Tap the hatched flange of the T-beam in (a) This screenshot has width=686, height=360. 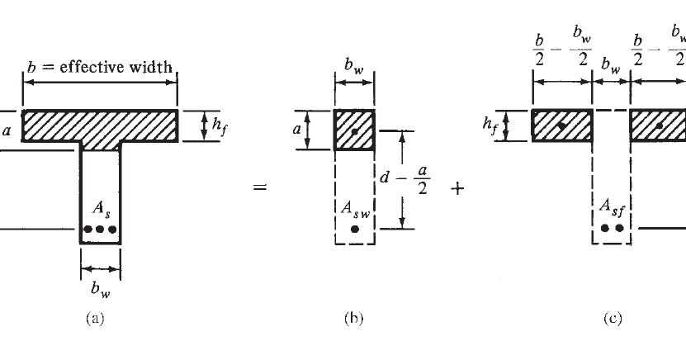(100, 126)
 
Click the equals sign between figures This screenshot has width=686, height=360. (260, 188)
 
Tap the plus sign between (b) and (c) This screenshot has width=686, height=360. (457, 188)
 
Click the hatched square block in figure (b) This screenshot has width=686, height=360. (354, 130)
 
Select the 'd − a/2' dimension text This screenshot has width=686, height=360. (428, 179)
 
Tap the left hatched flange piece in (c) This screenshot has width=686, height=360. (562, 126)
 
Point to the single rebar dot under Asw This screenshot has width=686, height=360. (355, 230)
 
